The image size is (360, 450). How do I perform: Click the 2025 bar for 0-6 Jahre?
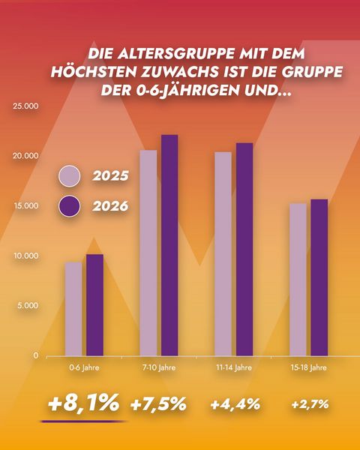[x=73, y=309]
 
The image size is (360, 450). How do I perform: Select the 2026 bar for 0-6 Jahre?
[x=94, y=305]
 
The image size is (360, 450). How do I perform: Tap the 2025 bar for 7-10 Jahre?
[x=148, y=253]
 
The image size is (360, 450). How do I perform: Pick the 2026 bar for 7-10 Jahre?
[x=169, y=245]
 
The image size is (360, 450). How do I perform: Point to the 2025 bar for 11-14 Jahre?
[x=223, y=254]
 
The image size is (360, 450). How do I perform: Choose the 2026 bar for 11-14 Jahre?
[x=244, y=250]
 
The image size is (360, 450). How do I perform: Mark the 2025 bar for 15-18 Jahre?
[x=298, y=280]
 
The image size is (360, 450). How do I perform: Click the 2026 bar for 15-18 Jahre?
[x=319, y=277]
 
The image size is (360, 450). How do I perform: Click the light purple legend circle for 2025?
[x=69, y=176]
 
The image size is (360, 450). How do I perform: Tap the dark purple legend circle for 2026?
[x=69, y=206]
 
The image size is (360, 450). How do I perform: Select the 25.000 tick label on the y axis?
[x=25, y=106]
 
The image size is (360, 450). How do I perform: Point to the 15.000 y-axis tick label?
[x=25, y=205]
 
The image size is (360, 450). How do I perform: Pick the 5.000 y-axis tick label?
[x=28, y=305]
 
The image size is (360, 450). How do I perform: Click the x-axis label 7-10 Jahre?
[x=159, y=367]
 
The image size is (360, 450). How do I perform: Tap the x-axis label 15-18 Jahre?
[x=308, y=367]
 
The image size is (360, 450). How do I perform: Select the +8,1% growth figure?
[x=83, y=403]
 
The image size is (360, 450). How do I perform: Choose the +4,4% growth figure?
[x=235, y=404]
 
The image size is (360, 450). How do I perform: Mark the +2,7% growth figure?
[x=310, y=404]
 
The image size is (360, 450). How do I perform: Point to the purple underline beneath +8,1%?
[x=83, y=421]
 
